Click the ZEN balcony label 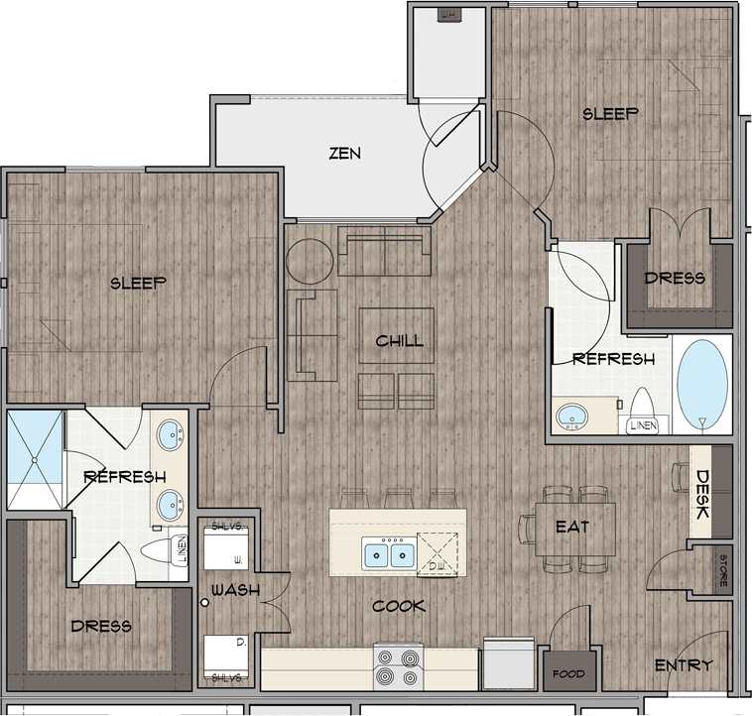click(x=345, y=154)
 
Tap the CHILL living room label click(x=399, y=341)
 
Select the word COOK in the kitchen click(x=399, y=606)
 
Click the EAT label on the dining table click(x=573, y=528)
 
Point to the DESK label click(x=701, y=496)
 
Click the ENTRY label click(x=684, y=665)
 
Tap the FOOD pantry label click(x=569, y=675)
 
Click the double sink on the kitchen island click(x=389, y=553)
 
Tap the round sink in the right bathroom click(x=570, y=418)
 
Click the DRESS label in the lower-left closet click(x=101, y=626)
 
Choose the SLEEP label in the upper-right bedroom click(x=609, y=114)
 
